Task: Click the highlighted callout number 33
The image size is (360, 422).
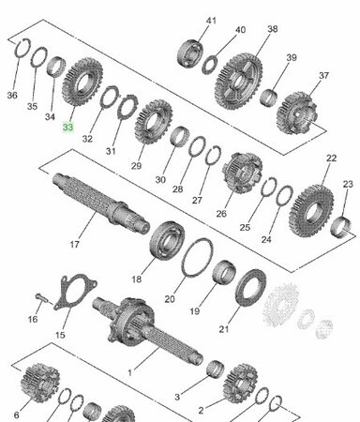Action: pyautogui.click(x=67, y=127)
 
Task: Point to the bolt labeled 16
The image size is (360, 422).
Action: pyautogui.click(x=39, y=299)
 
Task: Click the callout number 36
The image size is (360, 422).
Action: pyautogui.click(x=11, y=95)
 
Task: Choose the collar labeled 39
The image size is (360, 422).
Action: pyautogui.click(x=268, y=95)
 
